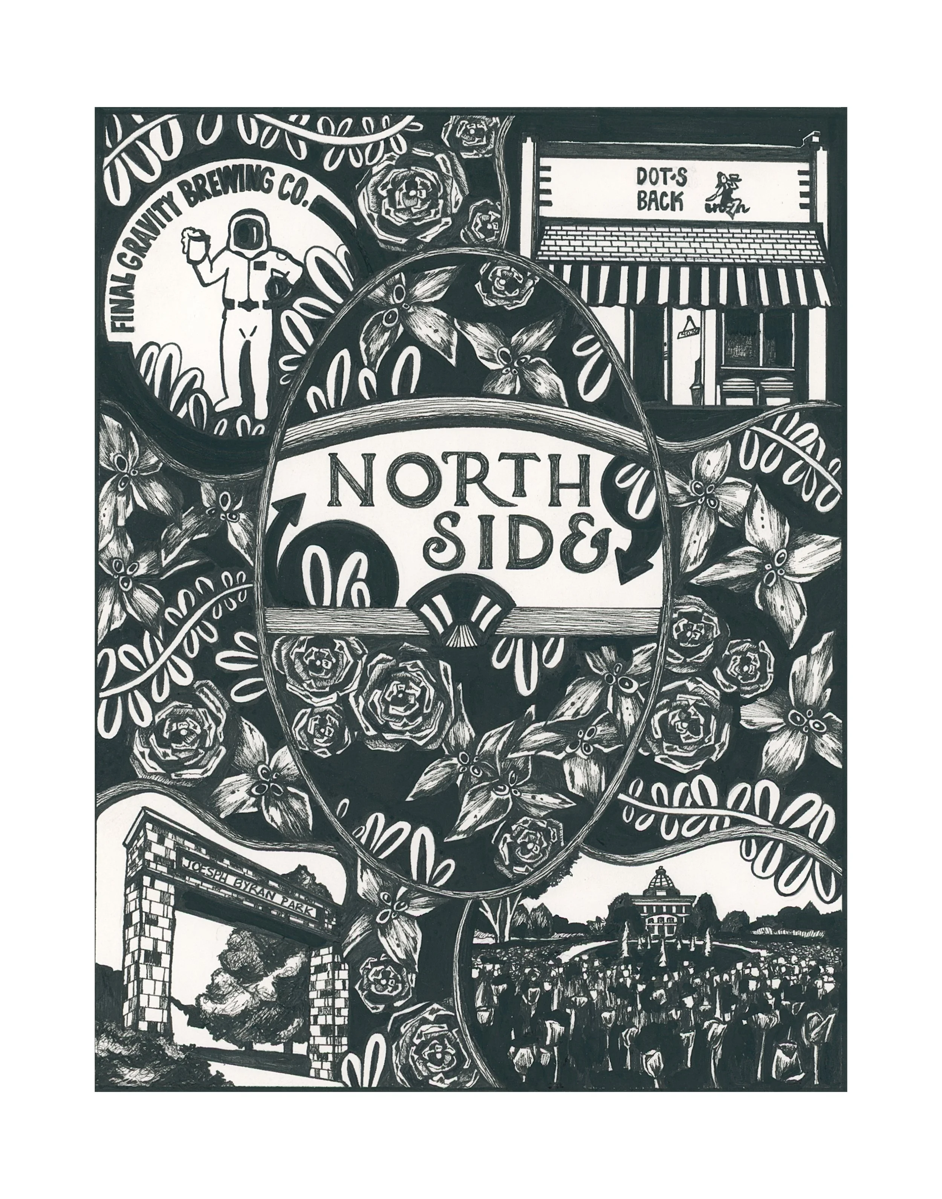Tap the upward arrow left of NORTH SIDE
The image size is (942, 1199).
click(x=290, y=508)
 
